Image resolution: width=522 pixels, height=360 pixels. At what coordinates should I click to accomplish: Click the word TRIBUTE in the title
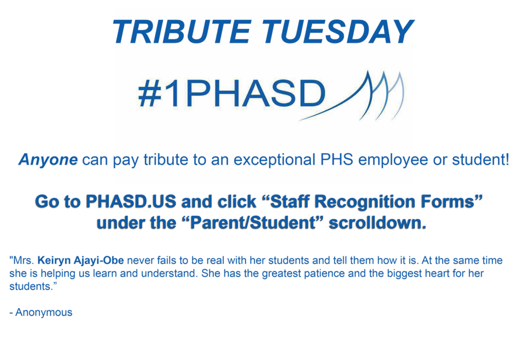point(182,32)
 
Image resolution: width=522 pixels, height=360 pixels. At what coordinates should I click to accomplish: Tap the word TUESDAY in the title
point(337,32)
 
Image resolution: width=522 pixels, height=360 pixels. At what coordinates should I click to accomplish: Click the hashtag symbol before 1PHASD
point(150,94)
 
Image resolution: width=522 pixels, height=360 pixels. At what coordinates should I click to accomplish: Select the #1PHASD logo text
point(232,94)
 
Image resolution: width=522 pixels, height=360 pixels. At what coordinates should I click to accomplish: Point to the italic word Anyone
point(48,160)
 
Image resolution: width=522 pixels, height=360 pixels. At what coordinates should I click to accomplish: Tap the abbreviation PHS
point(336,160)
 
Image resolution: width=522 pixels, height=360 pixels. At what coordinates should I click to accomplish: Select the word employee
point(393,160)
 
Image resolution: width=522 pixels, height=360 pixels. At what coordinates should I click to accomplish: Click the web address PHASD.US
point(130,201)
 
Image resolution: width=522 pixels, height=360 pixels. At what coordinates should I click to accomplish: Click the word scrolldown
point(378,223)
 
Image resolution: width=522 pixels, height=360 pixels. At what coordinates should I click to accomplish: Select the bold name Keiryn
point(53,261)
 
